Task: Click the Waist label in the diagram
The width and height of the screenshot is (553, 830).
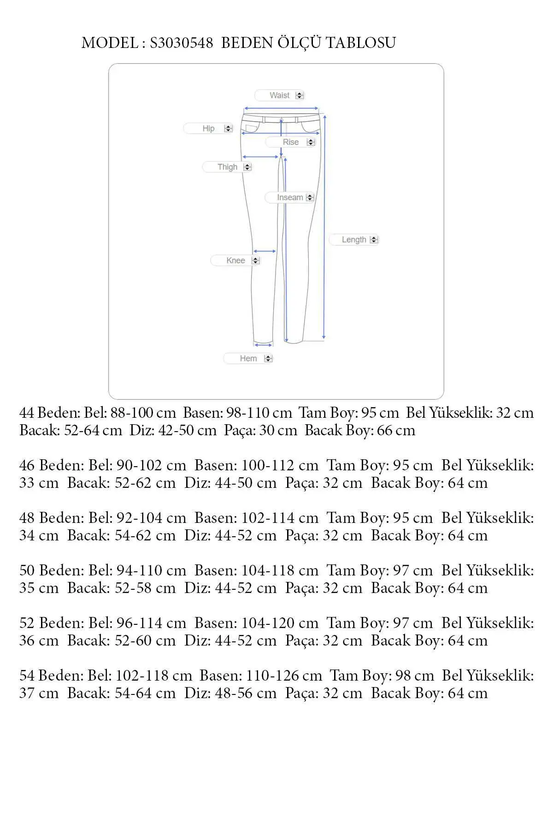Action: (x=279, y=95)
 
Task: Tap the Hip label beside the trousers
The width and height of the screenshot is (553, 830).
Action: (x=208, y=129)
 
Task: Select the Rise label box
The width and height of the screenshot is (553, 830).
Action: (x=290, y=142)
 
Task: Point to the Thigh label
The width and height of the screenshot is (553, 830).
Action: (x=227, y=167)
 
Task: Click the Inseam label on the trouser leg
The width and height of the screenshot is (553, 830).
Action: (x=289, y=197)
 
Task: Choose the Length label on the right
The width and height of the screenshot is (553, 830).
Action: (x=353, y=240)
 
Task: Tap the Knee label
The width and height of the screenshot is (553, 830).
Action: (x=235, y=261)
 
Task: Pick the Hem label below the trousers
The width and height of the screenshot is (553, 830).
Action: (x=248, y=358)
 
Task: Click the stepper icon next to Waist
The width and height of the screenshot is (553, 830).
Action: (x=300, y=95)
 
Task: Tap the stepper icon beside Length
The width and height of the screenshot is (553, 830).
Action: (x=374, y=240)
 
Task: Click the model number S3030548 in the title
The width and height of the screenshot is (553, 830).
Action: (x=181, y=43)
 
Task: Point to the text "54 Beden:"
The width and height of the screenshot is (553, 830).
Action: (x=52, y=676)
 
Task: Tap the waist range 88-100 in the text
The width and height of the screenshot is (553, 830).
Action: (x=132, y=413)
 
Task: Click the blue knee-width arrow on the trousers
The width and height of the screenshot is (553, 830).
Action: (x=265, y=251)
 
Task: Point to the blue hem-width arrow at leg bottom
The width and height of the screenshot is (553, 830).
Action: (x=263, y=344)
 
